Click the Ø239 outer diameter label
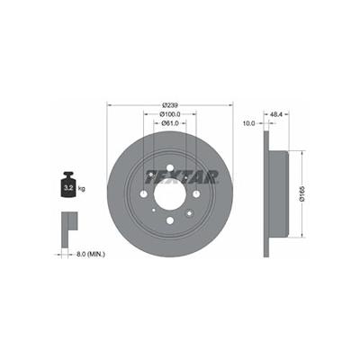point(170,105)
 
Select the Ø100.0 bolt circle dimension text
point(170,114)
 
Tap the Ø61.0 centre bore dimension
point(170,123)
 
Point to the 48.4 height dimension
point(276,114)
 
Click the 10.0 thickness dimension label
point(248,123)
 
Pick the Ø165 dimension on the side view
point(302,193)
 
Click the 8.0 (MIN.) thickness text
point(91,255)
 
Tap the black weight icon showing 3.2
point(68,184)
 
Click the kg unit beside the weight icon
point(81,189)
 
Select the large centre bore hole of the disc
point(170,194)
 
